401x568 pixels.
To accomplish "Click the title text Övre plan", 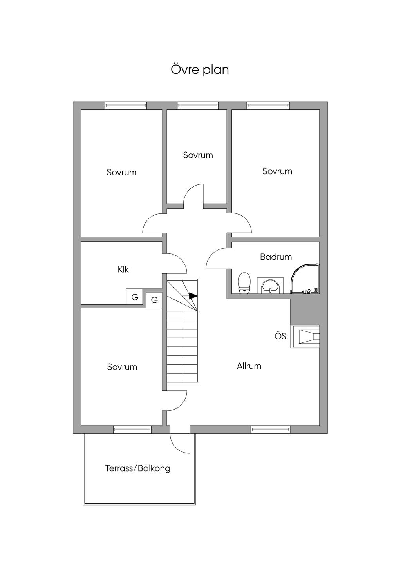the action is click(x=200, y=70).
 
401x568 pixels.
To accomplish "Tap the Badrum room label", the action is click(x=276, y=257).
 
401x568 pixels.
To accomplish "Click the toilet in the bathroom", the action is click(x=244, y=283).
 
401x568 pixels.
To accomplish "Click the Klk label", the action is click(x=123, y=269).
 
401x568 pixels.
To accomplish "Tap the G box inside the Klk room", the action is click(x=134, y=297).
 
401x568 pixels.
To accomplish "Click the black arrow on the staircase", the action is click(x=193, y=296).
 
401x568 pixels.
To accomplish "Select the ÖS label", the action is click(x=280, y=336).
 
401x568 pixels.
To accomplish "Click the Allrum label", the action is click(x=249, y=366).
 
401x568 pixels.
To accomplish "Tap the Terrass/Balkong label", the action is click(x=137, y=468).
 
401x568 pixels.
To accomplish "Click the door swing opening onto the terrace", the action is click(x=179, y=443).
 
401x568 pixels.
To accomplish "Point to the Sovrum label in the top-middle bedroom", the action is click(x=198, y=155).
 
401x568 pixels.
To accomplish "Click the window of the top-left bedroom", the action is click(x=126, y=106).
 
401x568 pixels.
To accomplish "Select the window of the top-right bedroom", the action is click(x=268, y=106).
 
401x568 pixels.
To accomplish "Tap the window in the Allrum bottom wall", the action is click(x=270, y=430).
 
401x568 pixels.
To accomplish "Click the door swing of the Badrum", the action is click(x=216, y=259).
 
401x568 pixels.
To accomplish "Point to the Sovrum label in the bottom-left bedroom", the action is click(x=122, y=367).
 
